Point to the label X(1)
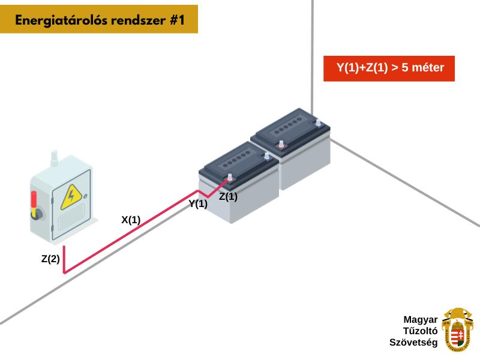(x=131, y=220)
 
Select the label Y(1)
(x=198, y=204)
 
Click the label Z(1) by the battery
(x=228, y=196)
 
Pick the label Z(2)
(x=50, y=259)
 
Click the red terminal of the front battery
(x=229, y=177)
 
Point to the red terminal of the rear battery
(x=280, y=144)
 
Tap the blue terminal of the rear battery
(x=317, y=123)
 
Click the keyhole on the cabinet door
(x=88, y=196)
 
